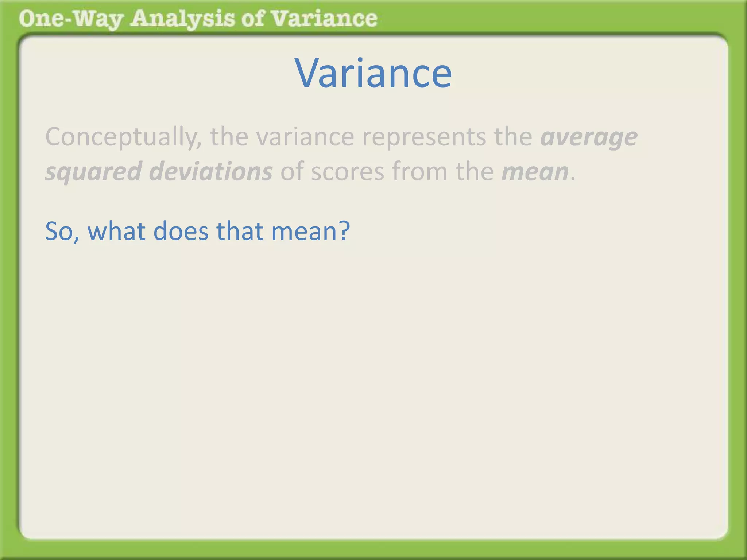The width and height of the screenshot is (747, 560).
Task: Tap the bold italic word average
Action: (x=589, y=137)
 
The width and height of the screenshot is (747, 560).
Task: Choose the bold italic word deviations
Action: (x=211, y=171)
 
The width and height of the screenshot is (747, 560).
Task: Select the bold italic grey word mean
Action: (x=535, y=171)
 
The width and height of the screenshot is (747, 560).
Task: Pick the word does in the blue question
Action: (x=181, y=231)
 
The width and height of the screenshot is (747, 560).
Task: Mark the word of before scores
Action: (x=291, y=171)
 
